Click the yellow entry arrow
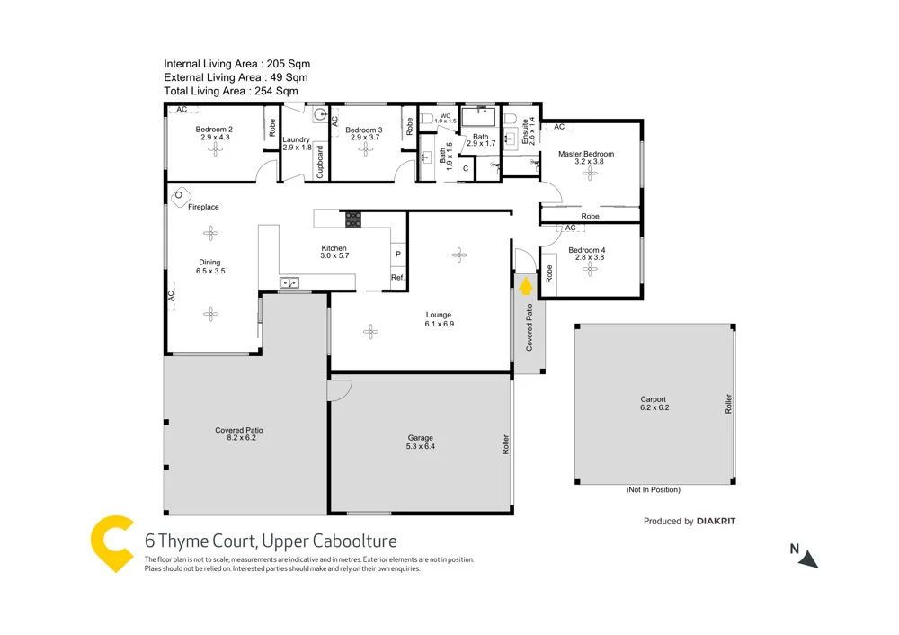click(526, 287)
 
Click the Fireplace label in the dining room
click(203, 208)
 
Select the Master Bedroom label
click(585, 154)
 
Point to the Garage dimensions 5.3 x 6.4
click(421, 446)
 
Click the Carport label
click(654, 399)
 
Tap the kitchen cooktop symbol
click(353, 218)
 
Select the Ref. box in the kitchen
click(397, 278)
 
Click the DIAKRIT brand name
click(723, 521)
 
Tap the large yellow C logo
click(114, 543)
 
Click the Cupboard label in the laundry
click(320, 161)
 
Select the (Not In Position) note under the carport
click(653, 490)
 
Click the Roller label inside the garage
click(506, 443)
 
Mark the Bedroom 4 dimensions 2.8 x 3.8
click(586, 258)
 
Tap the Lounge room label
click(440, 315)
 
